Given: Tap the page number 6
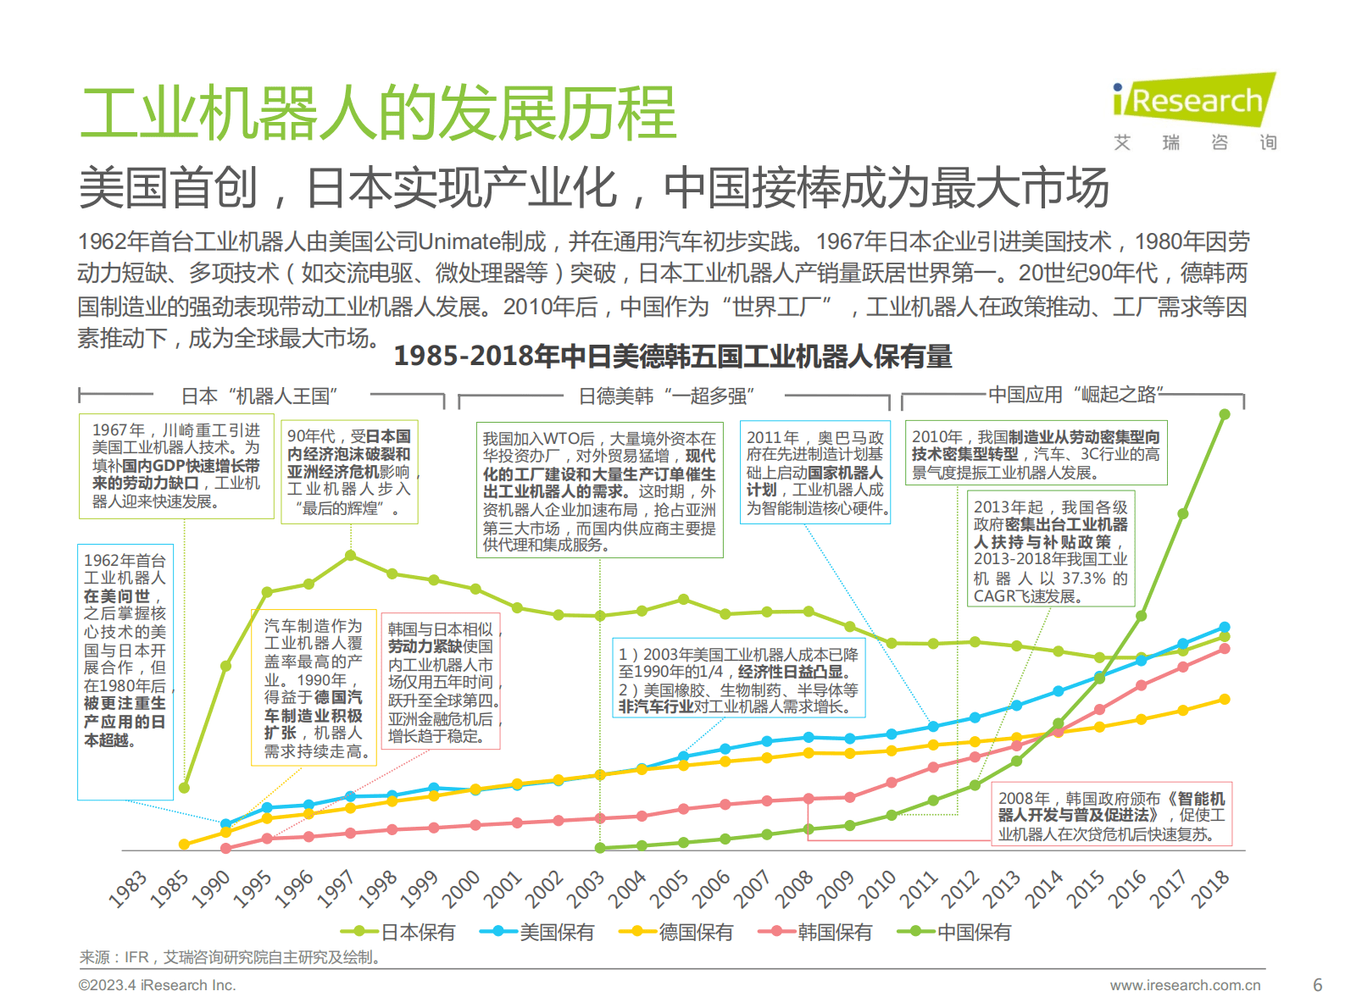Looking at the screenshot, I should [x=1317, y=985].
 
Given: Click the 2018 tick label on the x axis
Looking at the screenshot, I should [x=1210, y=889].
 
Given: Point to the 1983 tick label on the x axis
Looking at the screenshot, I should [x=128, y=889].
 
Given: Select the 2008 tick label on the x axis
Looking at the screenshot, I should [x=794, y=889].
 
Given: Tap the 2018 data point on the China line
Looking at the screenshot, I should [x=1224, y=414].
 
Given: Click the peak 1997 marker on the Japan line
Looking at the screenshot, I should [x=350, y=556].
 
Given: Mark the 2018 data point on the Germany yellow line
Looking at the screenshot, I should [x=1224, y=699].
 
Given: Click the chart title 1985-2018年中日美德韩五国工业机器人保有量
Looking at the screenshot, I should [x=673, y=357].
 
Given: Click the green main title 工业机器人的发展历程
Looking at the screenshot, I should [x=378, y=114].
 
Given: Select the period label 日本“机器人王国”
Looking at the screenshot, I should [x=260, y=396].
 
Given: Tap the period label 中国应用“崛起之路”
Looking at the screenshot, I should [x=1075, y=395].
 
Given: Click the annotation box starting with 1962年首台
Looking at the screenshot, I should [x=125, y=671].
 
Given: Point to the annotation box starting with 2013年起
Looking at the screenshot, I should [x=1050, y=550].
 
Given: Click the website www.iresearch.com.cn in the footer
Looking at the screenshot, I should [x=1185, y=985].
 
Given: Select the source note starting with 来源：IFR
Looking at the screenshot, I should [x=230, y=957].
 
